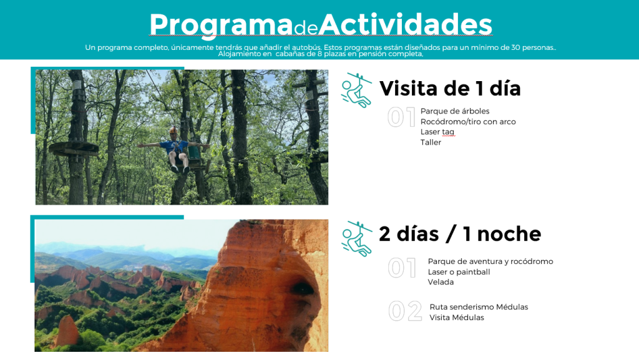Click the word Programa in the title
221,25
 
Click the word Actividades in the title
405,24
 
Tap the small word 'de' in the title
306,28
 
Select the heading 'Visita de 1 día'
450,89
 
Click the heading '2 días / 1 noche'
460,234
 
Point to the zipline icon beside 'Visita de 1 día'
356,90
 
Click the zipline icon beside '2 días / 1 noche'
356,238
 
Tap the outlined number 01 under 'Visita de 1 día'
401,117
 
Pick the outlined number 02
405,311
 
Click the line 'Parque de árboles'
455,111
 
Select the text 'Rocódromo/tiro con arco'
468,122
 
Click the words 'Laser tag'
437,132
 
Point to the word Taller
431,142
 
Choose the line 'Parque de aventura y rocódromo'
490,261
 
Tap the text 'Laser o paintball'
459,272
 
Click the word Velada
441,282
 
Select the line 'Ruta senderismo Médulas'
479,307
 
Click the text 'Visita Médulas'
457,318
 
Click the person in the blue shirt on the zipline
175,148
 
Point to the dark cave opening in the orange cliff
302,288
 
